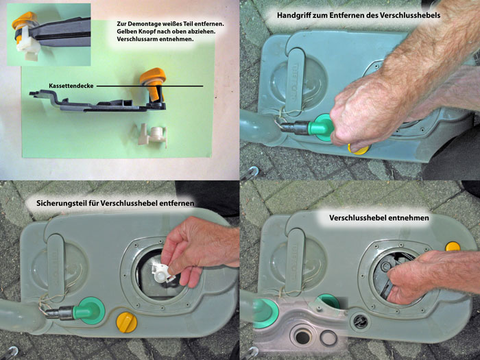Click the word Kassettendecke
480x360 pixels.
coord(71,86)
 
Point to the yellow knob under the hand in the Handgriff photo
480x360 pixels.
coord(359,149)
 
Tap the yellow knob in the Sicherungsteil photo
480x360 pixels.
coord(126,322)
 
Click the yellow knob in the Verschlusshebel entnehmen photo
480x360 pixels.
coord(453,246)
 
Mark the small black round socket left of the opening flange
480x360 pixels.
coord(360,321)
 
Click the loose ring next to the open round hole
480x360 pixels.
coord(328,337)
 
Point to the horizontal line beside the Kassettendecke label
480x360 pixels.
coord(149,86)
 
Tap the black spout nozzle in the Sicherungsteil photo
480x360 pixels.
coord(60,313)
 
